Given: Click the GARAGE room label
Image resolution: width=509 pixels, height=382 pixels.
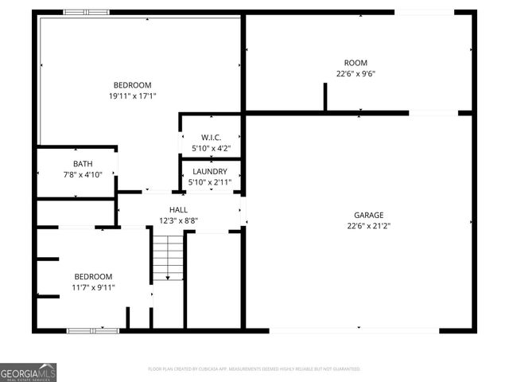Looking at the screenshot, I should (x=368, y=215).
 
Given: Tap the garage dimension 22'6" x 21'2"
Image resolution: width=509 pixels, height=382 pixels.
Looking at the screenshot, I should (x=368, y=225).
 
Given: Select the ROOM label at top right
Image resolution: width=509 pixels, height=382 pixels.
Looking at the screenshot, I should (x=356, y=63).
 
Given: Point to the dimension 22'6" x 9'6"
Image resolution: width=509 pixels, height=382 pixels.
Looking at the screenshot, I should (x=356, y=74).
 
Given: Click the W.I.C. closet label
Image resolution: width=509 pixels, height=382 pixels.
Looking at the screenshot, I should (x=211, y=138).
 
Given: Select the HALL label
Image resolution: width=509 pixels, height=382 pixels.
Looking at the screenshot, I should (x=178, y=210).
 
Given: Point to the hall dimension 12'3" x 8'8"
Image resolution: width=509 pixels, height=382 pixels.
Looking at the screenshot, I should (x=178, y=220).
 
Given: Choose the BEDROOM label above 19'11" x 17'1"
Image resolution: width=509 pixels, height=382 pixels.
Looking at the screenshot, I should (x=132, y=85).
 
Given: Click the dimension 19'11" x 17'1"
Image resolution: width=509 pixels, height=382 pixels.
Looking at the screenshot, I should (x=132, y=96).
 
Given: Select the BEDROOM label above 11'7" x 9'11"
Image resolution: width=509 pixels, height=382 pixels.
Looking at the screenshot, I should (x=94, y=276).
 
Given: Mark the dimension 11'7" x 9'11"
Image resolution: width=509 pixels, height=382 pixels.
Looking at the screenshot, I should (x=94, y=287).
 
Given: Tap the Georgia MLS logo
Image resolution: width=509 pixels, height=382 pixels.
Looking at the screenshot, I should (x=29, y=372).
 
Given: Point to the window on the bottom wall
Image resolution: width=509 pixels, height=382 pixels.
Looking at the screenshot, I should (x=92, y=329).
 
